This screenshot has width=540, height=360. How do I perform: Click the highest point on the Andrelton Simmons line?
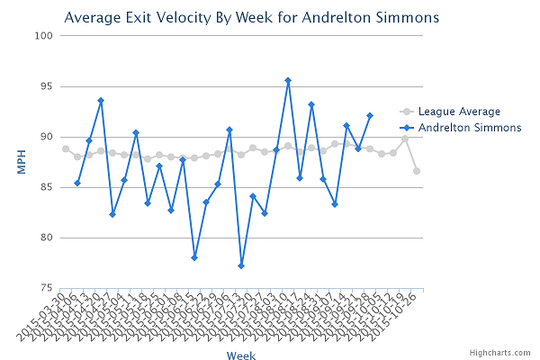point(288,80)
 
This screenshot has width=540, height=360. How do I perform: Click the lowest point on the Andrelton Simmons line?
point(241,265)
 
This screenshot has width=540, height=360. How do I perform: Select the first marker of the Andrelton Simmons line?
point(77,183)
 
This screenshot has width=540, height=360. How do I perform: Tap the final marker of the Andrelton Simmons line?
point(370,115)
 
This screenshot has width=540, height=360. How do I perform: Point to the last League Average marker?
point(417,171)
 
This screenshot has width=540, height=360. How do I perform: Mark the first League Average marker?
point(66,148)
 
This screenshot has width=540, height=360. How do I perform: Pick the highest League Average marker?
point(405,139)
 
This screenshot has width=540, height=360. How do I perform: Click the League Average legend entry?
point(459,112)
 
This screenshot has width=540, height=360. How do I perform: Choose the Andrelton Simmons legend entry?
point(470,128)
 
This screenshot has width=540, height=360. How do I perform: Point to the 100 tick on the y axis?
point(42,36)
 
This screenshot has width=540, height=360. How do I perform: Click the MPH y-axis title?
point(19,162)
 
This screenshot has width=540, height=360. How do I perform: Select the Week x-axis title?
point(240,355)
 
